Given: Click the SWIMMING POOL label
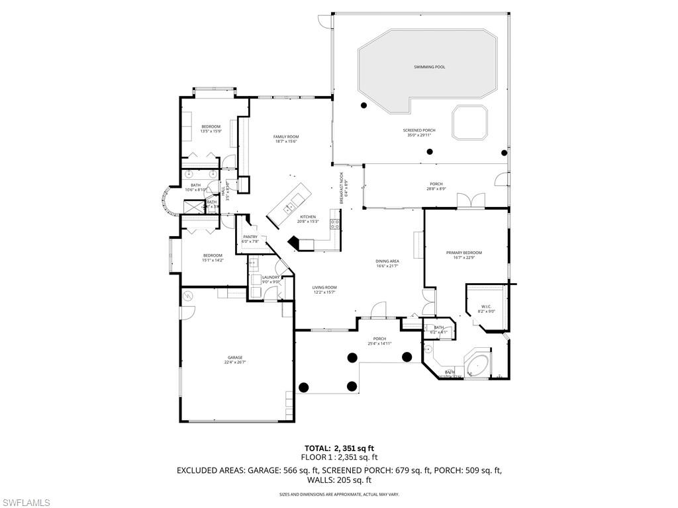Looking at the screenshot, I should [x=429, y=67].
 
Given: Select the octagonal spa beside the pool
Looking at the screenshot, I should [x=469, y=122].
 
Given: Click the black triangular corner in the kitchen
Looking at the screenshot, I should [x=295, y=243].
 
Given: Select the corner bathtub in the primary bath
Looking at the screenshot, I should [x=475, y=364].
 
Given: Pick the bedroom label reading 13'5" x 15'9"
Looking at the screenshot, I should [x=211, y=128].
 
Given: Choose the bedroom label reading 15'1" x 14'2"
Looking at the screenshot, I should [x=213, y=257].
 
